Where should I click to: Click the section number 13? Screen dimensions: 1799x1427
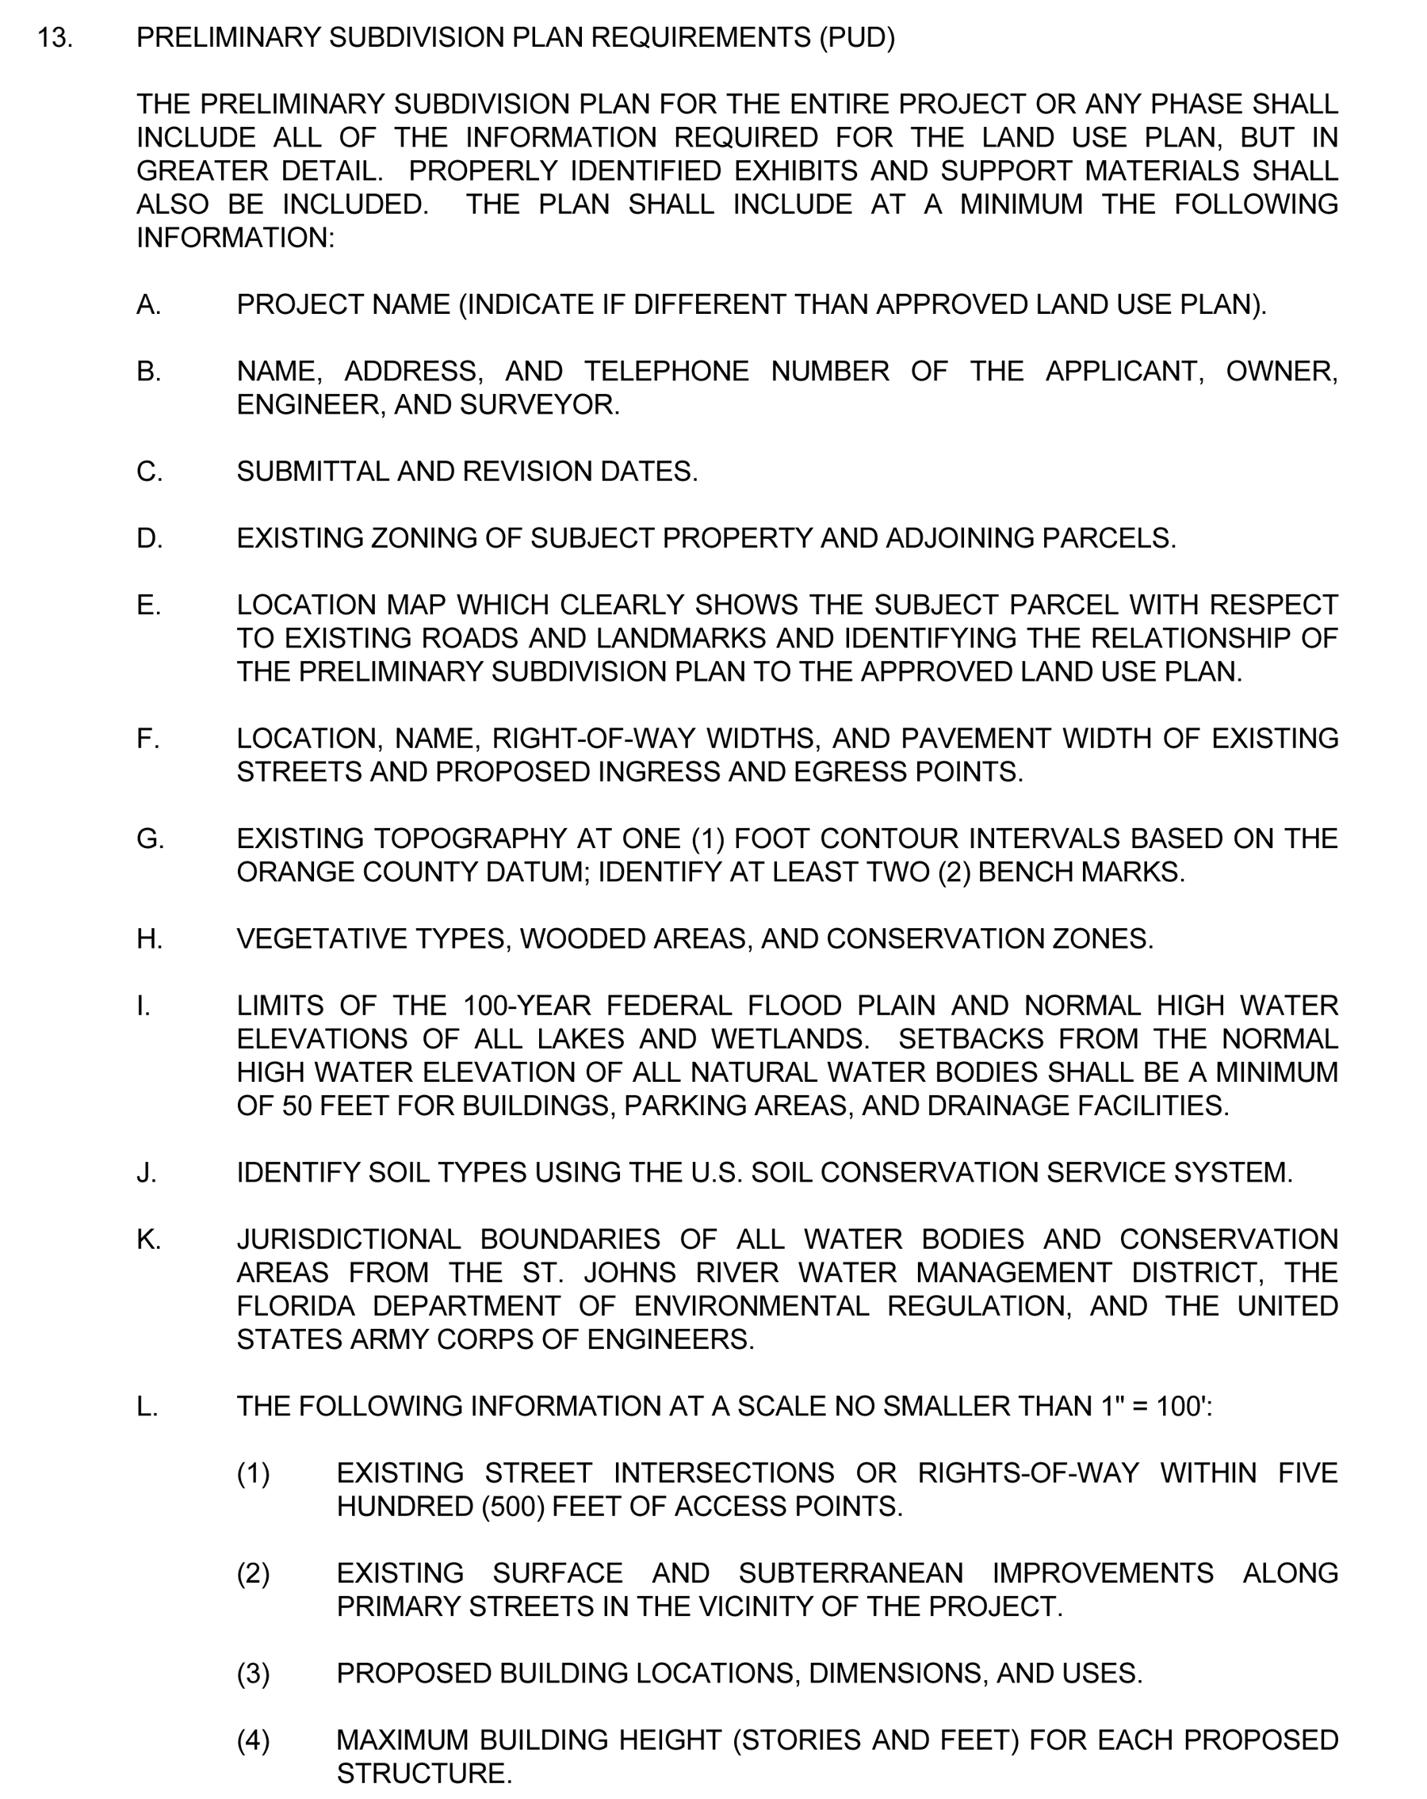pyautogui.click(x=54, y=38)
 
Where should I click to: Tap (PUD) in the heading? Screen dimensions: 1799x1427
pyautogui.click(x=856, y=38)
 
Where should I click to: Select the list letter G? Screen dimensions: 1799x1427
pyautogui.click(x=150, y=838)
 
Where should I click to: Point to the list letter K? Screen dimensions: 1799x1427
pyautogui.click(x=148, y=1240)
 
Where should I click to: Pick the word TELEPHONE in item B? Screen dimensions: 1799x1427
pyautogui.click(x=666, y=372)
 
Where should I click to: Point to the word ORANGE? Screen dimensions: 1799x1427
pyautogui.click(x=284, y=873)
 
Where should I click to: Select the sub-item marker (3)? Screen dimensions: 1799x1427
pyautogui.click(x=253, y=1674)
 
